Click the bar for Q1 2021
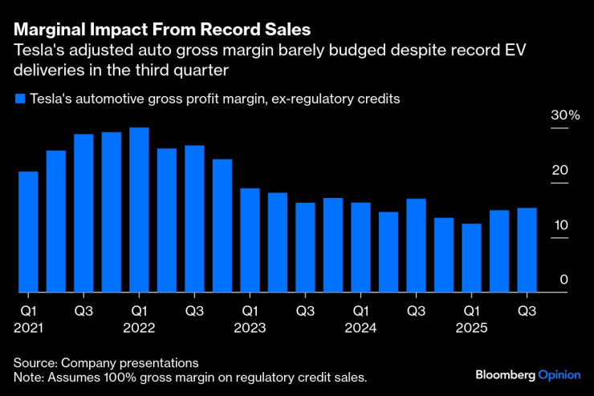[x=28, y=232]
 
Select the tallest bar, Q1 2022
[x=139, y=210]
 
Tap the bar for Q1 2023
[x=250, y=240]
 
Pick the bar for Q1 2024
[x=360, y=248]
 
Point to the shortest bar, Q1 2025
[x=472, y=258]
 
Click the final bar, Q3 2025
[x=527, y=250]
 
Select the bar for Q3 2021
[x=83, y=213]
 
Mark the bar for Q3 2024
[x=416, y=245]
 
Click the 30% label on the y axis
[x=564, y=115]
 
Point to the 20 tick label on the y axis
[x=561, y=170]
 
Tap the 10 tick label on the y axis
[x=561, y=224]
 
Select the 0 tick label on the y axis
[x=564, y=279]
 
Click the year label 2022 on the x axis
[x=139, y=327]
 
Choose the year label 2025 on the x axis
[x=472, y=327]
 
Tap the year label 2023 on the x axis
[x=250, y=327]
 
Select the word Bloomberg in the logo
[x=505, y=374]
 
